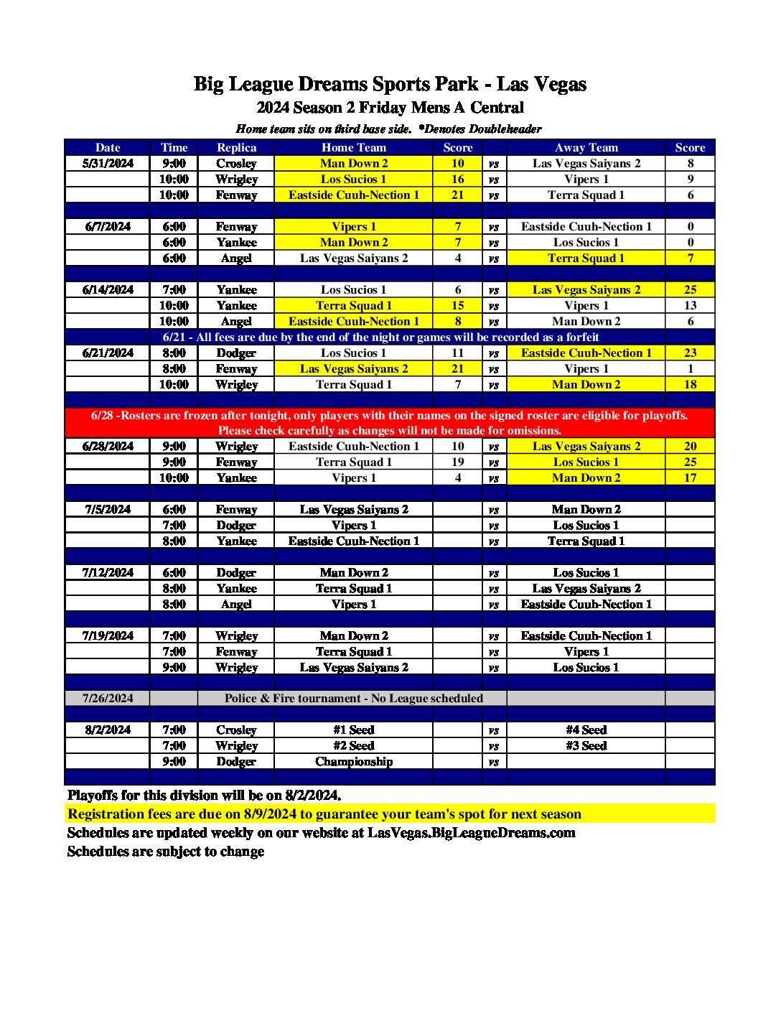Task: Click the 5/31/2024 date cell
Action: pos(108,164)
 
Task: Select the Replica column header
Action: pos(236,148)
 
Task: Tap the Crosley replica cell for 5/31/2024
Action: pos(236,164)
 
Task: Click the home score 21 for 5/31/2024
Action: pos(458,195)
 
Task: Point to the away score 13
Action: pos(690,306)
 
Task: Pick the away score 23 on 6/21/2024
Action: pos(690,353)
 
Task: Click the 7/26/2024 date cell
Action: pos(108,699)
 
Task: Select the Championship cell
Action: pos(354,762)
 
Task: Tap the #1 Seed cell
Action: pos(354,730)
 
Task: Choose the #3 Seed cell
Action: pos(586,746)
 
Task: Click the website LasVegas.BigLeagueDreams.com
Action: pos(471,833)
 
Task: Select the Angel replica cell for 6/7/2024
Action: pos(236,258)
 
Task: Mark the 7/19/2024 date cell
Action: pos(108,636)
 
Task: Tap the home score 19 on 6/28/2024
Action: pos(458,462)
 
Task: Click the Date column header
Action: pos(108,148)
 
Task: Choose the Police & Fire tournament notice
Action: pos(353,699)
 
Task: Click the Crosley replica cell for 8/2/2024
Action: pos(236,730)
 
